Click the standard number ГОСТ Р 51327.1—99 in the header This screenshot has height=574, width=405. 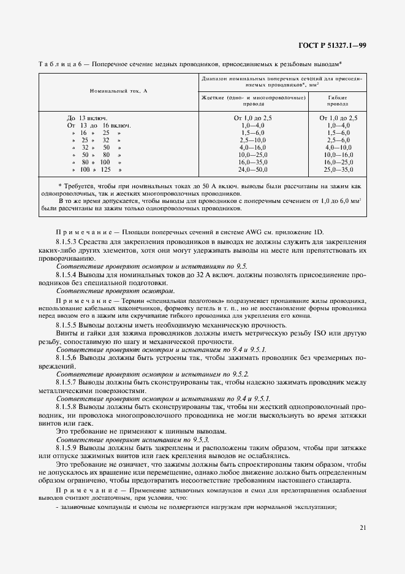[x=333, y=45]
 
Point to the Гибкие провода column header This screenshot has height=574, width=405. [x=338, y=101]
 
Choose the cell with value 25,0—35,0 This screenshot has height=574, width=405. [x=338, y=169]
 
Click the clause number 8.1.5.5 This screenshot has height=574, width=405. [x=69, y=324]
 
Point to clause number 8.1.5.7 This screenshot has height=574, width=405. [x=69, y=381]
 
